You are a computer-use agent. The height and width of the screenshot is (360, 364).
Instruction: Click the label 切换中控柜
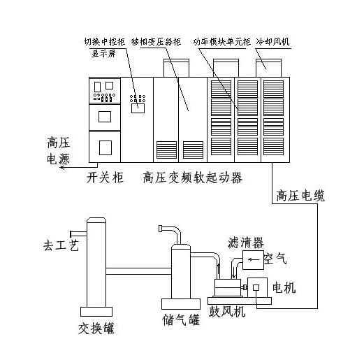click(105, 42)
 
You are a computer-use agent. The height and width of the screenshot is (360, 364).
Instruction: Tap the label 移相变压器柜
click(156, 42)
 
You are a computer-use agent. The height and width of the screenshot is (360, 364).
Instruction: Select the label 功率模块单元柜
click(221, 42)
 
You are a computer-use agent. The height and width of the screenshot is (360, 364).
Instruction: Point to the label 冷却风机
click(272, 42)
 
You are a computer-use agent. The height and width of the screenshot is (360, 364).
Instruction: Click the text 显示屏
click(103, 54)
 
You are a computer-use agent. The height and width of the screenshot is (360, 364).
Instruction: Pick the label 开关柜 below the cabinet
click(105, 178)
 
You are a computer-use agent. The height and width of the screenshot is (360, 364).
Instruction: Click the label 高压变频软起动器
click(193, 178)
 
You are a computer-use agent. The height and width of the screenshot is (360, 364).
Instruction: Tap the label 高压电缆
click(300, 196)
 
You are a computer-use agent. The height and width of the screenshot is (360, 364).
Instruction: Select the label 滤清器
click(246, 243)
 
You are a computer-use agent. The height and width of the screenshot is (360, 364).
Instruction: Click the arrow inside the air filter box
click(254, 259)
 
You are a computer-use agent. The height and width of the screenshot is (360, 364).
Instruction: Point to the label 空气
click(275, 259)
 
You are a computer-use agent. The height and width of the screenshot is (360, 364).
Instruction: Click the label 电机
click(284, 288)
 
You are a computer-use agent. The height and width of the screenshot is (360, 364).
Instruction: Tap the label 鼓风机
click(227, 311)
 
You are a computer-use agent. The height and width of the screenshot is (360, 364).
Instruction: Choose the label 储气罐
click(181, 319)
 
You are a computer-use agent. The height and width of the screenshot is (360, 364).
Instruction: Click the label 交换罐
click(96, 329)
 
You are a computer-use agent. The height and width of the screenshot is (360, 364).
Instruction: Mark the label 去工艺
click(61, 245)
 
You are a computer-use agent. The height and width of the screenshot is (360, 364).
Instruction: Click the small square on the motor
click(256, 287)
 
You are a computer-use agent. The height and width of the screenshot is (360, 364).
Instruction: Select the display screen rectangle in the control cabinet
click(138, 108)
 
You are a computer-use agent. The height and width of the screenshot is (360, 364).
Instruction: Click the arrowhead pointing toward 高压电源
click(61, 167)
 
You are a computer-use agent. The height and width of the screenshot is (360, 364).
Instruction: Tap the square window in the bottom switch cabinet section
click(105, 147)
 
